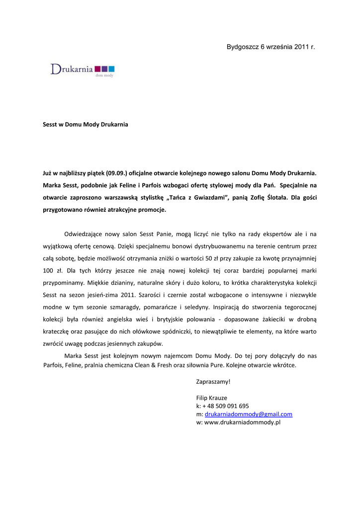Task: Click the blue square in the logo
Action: tap(111, 68)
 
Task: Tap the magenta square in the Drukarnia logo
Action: tap(97, 68)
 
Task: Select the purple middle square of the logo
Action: tap(104, 68)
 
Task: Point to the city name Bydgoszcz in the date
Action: tap(243, 47)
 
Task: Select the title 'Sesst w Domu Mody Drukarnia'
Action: tap(86, 124)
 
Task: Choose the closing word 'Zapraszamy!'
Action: tap(214, 382)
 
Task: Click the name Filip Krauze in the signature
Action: tap(212, 398)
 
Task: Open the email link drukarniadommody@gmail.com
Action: tap(248, 414)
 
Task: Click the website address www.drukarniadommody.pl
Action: tap(243, 423)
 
